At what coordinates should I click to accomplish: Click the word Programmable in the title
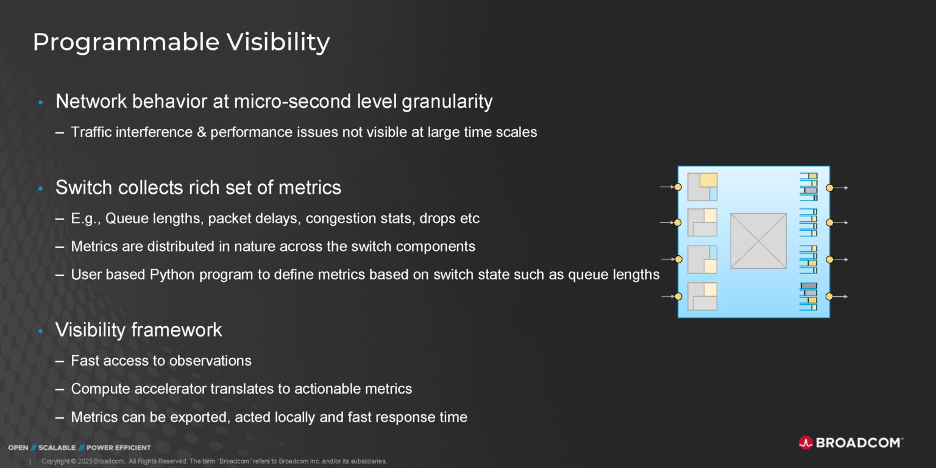pyautogui.click(x=126, y=42)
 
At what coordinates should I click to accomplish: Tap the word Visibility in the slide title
pyautogui.click(x=278, y=42)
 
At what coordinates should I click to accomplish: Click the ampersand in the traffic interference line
pyautogui.click(x=202, y=132)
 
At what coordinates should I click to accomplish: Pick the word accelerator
pyautogui.click(x=170, y=389)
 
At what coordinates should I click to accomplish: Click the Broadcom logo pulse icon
pyautogui.click(x=805, y=443)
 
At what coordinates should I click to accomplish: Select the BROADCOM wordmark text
pyautogui.click(x=859, y=443)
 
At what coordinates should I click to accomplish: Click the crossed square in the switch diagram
pyautogui.click(x=759, y=241)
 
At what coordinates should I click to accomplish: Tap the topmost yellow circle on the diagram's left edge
pyautogui.click(x=678, y=187)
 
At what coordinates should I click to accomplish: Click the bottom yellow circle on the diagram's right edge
pyautogui.click(x=829, y=297)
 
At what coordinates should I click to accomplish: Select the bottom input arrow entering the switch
pyautogui.click(x=668, y=297)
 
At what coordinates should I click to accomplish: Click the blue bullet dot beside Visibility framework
pyautogui.click(x=41, y=331)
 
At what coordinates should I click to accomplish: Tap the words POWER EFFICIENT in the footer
pyautogui.click(x=119, y=447)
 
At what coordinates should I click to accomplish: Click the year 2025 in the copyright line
pyautogui.click(x=85, y=461)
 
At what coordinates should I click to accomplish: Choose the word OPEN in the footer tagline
pyautogui.click(x=18, y=447)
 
